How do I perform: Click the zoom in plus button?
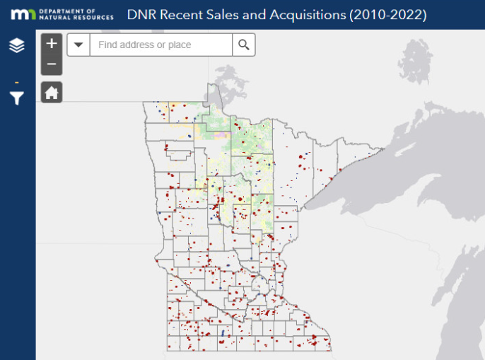52,44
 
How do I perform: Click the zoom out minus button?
52,64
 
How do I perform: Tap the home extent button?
52,92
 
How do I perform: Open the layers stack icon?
17,46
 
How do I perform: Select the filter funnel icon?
17,98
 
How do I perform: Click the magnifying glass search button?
244,45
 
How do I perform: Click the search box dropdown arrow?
78,45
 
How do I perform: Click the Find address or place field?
161,45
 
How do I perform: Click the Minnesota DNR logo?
24,14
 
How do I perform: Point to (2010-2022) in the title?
388,15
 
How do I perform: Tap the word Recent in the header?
180,15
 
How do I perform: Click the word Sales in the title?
224,15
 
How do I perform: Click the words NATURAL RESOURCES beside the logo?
76,18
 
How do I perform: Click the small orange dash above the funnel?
17,82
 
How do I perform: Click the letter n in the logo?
30,15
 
